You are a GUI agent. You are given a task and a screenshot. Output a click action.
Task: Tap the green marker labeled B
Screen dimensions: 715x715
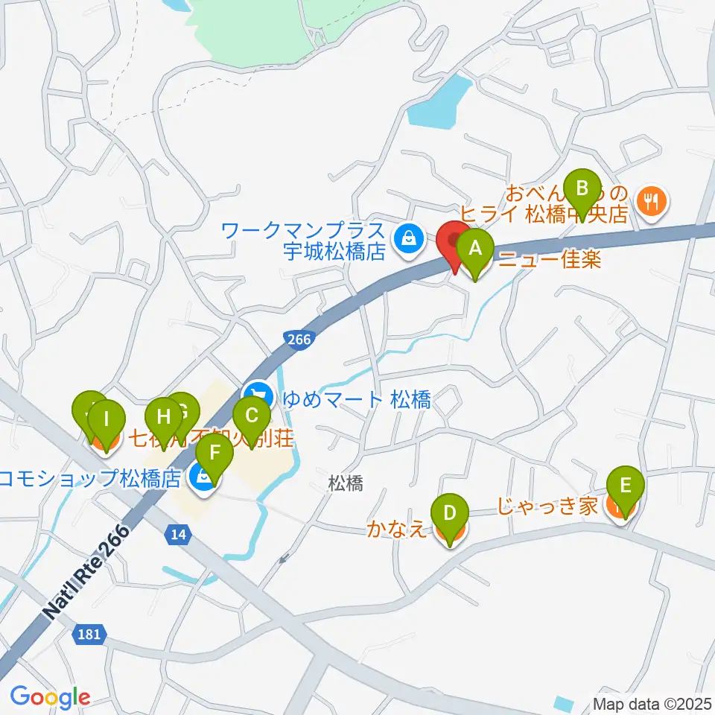pyautogui.click(x=582, y=188)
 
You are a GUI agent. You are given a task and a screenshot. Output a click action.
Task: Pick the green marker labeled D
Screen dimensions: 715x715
pyautogui.click(x=450, y=514)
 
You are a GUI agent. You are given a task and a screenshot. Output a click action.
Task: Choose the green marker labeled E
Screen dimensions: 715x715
pyautogui.click(x=626, y=487)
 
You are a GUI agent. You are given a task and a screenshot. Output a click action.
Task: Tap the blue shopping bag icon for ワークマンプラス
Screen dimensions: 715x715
pyautogui.click(x=407, y=239)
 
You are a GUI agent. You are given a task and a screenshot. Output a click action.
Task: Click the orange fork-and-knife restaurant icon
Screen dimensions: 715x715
pyautogui.click(x=652, y=199)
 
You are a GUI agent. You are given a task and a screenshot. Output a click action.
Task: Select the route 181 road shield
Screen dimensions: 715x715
pyautogui.click(x=89, y=635)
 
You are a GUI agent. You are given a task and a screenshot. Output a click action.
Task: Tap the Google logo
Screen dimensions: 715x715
pyautogui.click(x=50, y=697)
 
